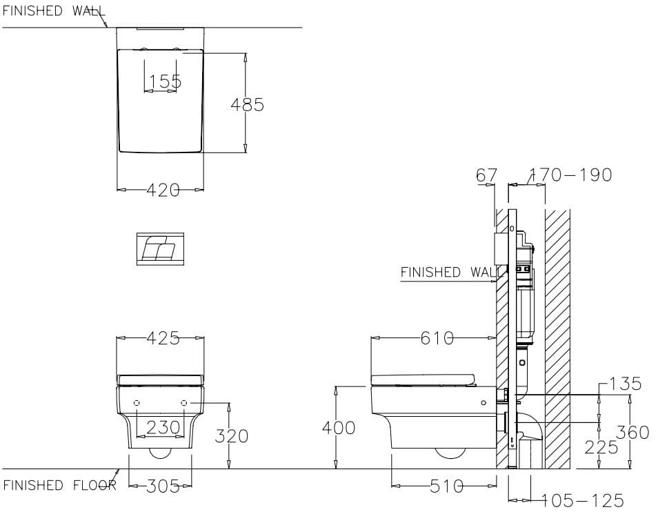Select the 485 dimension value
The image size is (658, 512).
pos(247,104)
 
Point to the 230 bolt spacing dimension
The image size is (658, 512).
pos(163,428)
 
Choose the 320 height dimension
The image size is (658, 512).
pos(232,436)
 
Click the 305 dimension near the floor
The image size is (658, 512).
pos(163,486)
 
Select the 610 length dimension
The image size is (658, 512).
pos(437,338)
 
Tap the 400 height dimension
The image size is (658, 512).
pos(339,429)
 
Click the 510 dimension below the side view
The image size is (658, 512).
pos(447,486)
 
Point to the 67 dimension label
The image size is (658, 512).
pos(486,175)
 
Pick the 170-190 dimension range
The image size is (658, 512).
pos(571,175)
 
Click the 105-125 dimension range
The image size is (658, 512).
pos(583,500)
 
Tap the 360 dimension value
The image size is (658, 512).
pos(633,433)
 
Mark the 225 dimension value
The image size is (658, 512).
pos(601,447)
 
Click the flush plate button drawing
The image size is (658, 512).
pos(160,249)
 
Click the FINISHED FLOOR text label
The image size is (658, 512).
pos(59,485)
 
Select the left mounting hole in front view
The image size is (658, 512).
pos(137,402)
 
